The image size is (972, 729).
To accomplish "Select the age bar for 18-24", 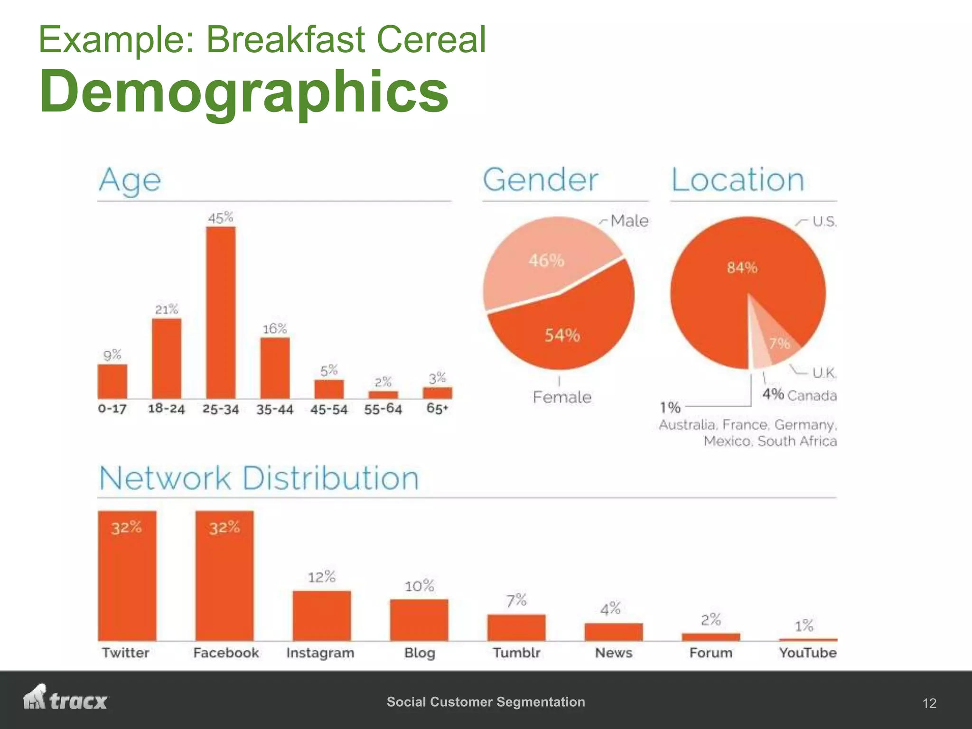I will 167,358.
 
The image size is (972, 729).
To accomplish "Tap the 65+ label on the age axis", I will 437,409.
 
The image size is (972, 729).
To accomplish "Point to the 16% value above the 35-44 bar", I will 275,329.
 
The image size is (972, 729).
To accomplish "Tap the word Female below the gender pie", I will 562,397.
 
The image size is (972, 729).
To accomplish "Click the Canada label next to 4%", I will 812,395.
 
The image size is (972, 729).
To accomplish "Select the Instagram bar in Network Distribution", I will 322,616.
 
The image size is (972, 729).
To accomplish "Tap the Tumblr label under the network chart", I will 516,653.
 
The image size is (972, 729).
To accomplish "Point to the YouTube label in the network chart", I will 808,653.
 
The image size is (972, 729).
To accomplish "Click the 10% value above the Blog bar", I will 419,586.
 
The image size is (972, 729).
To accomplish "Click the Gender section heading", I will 541,180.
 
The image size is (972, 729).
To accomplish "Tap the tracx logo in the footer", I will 66,698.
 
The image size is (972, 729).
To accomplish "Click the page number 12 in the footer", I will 929,703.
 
